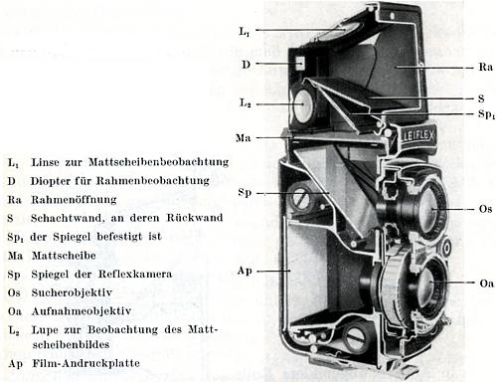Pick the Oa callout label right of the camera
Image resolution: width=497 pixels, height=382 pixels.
pyautogui.click(x=485, y=284)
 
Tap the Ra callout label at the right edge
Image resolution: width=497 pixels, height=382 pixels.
pyautogui.click(x=485, y=67)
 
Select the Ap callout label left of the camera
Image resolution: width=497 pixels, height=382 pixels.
pyautogui.click(x=245, y=270)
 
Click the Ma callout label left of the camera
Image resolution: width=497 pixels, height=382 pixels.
pyautogui.click(x=245, y=136)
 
